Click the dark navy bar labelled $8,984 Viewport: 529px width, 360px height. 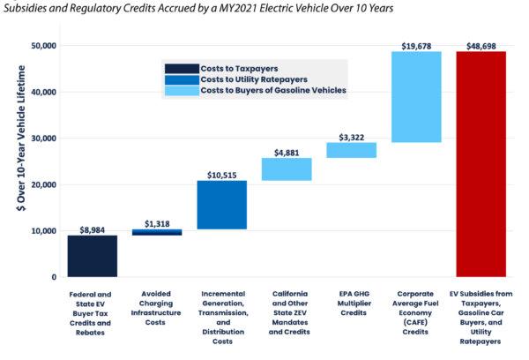click(93, 256)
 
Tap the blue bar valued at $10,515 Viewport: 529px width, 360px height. click(222, 205)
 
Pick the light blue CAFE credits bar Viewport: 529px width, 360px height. click(417, 97)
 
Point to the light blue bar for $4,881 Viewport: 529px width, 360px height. click(287, 169)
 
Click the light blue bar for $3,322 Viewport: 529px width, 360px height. click(352, 150)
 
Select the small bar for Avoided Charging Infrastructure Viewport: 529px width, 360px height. click(157, 232)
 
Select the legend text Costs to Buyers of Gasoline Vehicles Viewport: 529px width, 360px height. click(273, 90)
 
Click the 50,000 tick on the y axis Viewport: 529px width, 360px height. click(42, 45)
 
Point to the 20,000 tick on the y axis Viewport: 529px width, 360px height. click(42, 184)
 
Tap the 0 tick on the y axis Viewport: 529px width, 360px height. click(52, 277)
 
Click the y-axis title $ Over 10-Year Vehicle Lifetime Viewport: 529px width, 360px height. click(19, 161)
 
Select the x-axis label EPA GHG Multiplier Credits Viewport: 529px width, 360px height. click(352, 302)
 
